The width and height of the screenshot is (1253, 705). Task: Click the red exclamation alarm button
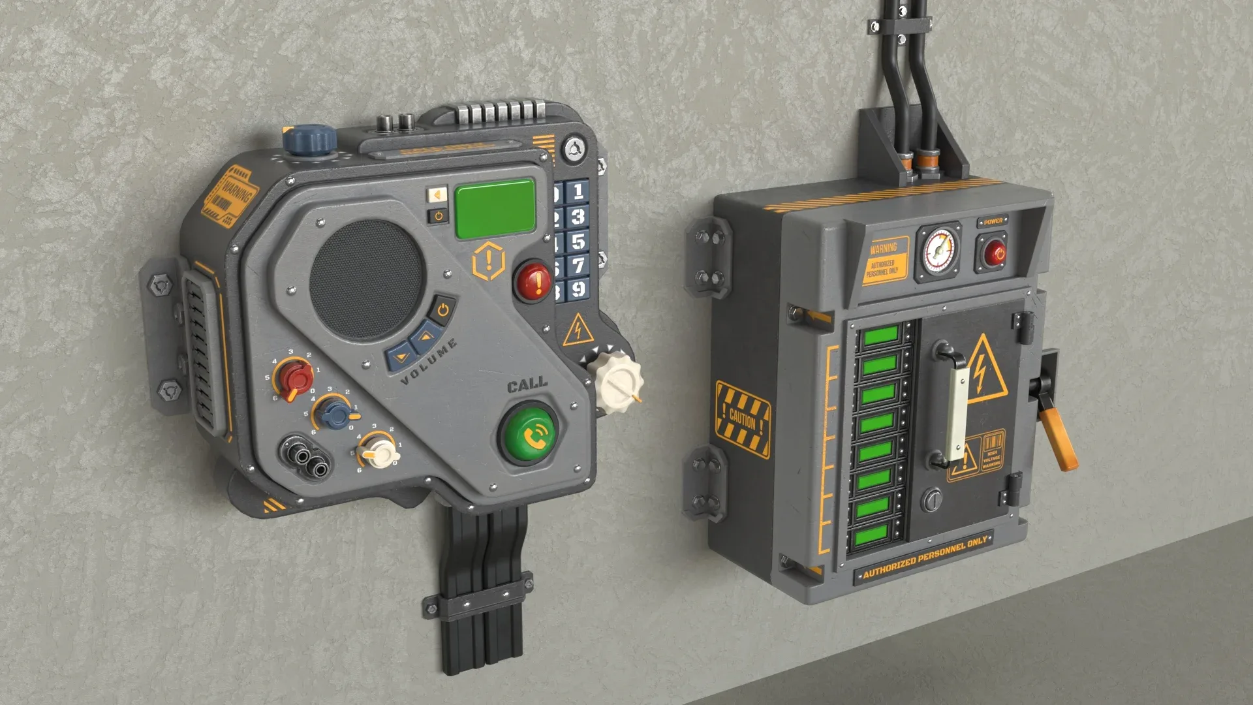point(534,281)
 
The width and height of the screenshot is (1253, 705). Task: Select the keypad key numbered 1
point(578,191)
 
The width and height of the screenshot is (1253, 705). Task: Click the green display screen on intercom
point(495,208)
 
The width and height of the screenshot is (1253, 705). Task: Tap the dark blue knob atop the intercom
point(308,140)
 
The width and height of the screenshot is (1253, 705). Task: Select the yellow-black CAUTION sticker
point(743,418)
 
